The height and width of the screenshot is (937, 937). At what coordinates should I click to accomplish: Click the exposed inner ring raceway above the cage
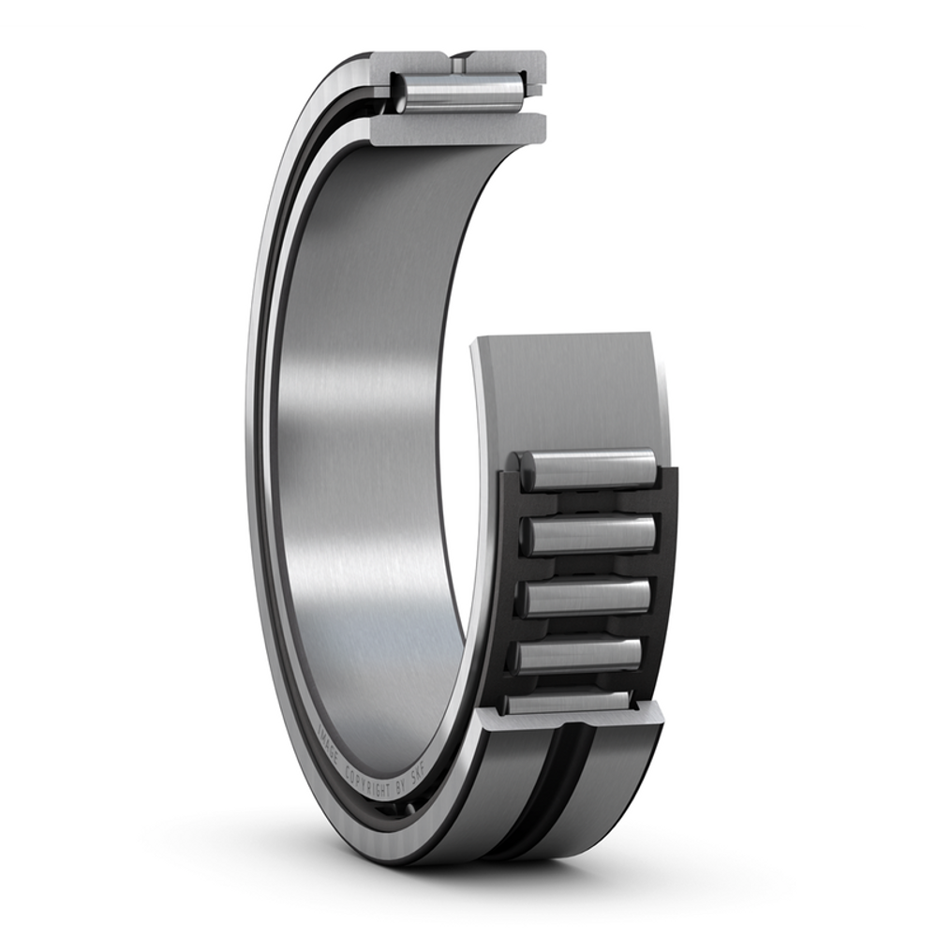[x=572, y=394]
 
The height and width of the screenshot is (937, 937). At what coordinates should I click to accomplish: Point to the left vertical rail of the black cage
[x=509, y=581]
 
